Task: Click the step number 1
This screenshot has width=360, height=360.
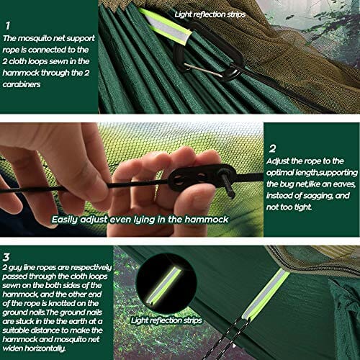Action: click(x=8, y=25)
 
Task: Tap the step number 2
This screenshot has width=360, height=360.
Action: click(x=272, y=149)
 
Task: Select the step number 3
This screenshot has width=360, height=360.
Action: click(x=6, y=257)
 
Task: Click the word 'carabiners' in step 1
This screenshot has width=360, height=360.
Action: click(x=22, y=84)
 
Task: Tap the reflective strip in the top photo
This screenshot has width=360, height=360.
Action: click(x=165, y=27)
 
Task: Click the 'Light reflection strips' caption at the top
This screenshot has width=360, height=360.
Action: click(x=210, y=14)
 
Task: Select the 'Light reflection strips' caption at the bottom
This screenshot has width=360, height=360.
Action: click(x=166, y=320)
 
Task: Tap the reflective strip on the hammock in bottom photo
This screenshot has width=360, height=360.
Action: click(x=265, y=294)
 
